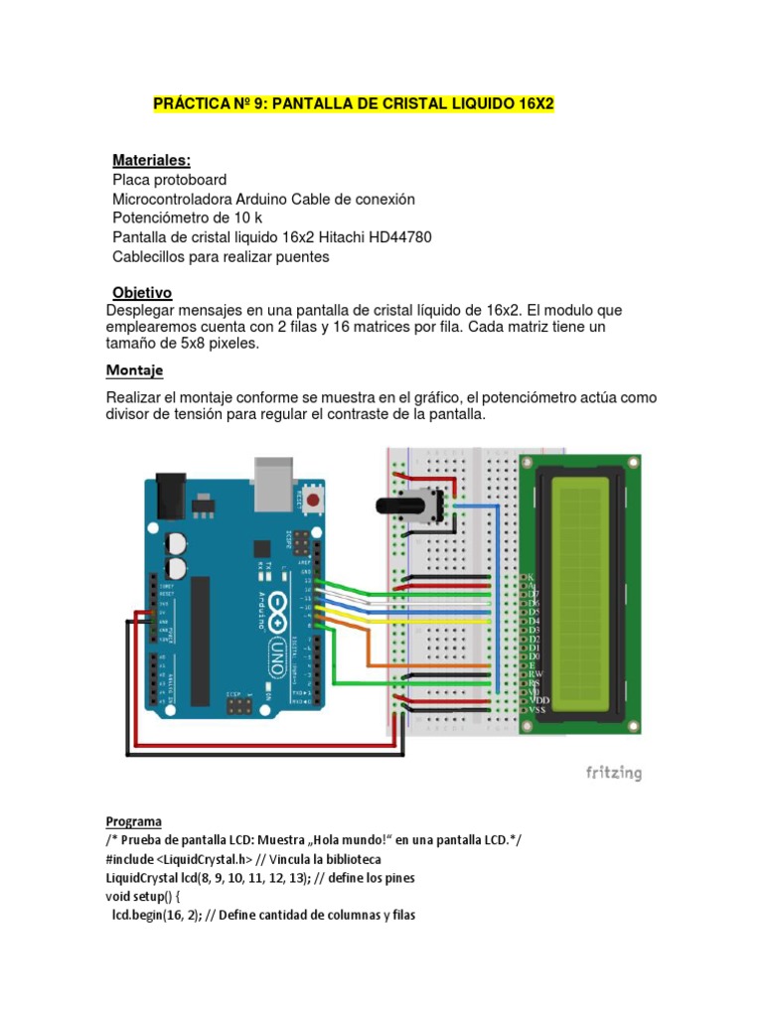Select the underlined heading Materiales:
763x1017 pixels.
click(151, 160)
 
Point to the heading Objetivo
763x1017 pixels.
click(142, 293)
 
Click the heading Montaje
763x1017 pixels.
click(134, 370)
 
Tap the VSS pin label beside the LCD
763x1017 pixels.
click(536, 709)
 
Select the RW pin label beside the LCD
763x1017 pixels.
click(534, 674)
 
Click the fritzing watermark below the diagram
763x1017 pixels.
click(613, 772)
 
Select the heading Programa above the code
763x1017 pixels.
click(134, 821)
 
